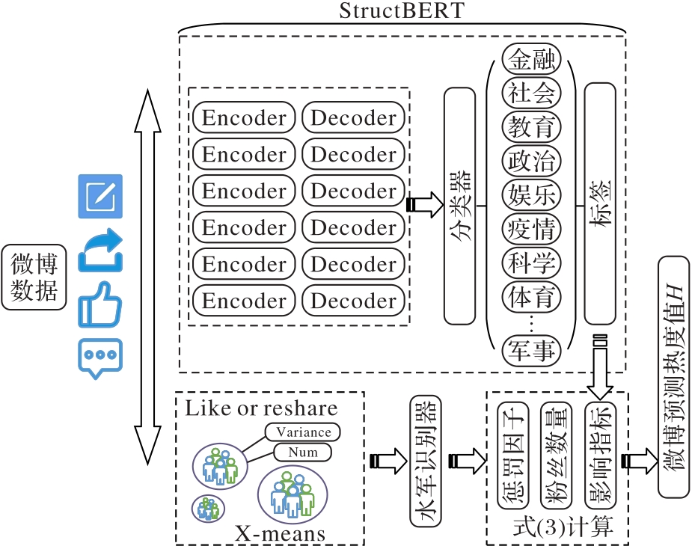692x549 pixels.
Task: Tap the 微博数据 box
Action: [34, 276]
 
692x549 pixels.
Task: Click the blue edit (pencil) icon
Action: [100, 196]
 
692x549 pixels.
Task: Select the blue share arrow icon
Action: [100, 251]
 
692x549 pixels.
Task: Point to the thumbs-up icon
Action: [100, 304]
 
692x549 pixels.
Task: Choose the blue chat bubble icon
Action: [100, 358]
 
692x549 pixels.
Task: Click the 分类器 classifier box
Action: [459, 206]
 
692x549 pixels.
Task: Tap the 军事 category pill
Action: [531, 352]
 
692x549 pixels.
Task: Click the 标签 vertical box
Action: [599, 206]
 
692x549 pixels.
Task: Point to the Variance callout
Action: [303, 432]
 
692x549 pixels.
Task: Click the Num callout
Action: [302, 452]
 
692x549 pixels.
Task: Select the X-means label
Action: [281, 533]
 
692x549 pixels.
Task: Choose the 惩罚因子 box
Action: [512, 456]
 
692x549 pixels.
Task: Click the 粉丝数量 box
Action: [556, 456]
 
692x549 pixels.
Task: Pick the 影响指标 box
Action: [599, 456]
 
